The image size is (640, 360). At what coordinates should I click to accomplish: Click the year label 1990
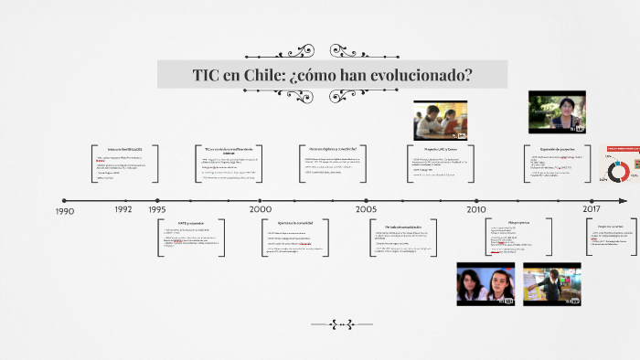pyautogui.click(x=64, y=211)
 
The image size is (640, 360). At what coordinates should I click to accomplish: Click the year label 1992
pyautogui.click(x=123, y=209)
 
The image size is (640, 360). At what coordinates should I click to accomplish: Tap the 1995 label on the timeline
pyautogui.click(x=157, y=209)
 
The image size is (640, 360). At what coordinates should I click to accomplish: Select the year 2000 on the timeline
pyautogui.click(x=261, y=209)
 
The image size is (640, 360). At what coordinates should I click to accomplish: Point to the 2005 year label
pyautogui.click(x=366, y=209)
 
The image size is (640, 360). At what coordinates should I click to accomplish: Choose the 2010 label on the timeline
pyautogui.click(x=475, y=209)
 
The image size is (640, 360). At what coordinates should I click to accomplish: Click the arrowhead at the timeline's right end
pyautogui.click(x=624, y=200)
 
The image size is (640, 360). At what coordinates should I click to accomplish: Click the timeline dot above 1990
pyautogui.click(x=64, y=200)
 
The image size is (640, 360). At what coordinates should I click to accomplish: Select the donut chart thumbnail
pyautogui.click(x=620, y=166)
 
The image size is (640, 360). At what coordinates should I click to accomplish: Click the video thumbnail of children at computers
pyautogui.click(x=440, y=122)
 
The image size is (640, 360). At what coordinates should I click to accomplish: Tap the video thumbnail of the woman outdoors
pyautogui.click(x=557, y=111)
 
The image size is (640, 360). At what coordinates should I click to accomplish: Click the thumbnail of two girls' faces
pyautogui.click(x=485, y=283)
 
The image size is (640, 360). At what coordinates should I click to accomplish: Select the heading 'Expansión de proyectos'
pyautogui.click(x=556, y=148)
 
